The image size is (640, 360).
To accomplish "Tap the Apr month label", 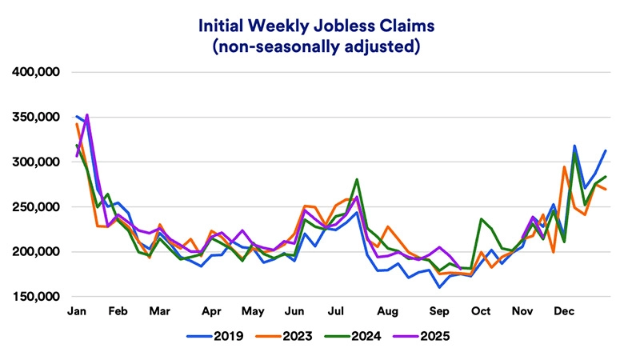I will tap(212, 310).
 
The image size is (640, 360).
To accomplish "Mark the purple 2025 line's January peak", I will tap(87, 114).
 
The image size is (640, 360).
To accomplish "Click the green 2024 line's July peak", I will tap(356, 180).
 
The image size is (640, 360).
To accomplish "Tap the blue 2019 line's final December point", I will tap(606, 150).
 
